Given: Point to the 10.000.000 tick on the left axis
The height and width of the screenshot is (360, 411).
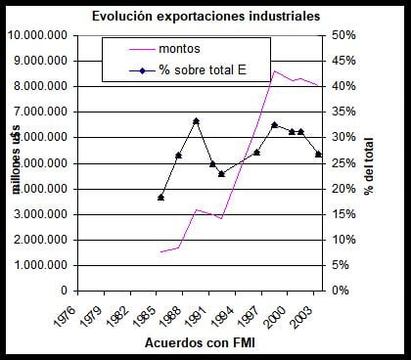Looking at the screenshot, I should [41, 35].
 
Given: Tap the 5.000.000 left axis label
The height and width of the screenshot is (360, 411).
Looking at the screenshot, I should [44, 162].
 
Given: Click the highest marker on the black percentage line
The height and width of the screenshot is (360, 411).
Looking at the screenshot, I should [197, 121].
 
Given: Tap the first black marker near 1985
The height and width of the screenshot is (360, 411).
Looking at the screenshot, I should [161, 198].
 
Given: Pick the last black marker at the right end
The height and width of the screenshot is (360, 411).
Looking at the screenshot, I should [318, 155].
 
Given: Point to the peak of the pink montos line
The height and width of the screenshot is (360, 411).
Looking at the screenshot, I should [275, 70].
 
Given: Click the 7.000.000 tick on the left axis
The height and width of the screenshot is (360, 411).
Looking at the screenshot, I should [44, 112].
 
